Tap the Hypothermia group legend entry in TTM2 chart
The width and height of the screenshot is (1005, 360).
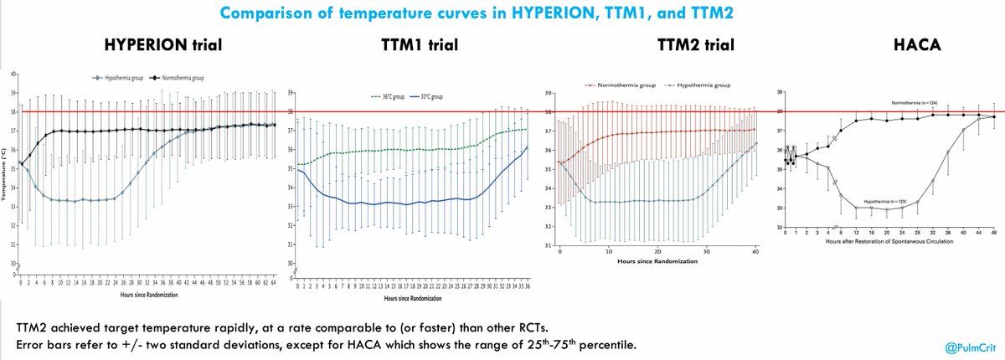697,85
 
